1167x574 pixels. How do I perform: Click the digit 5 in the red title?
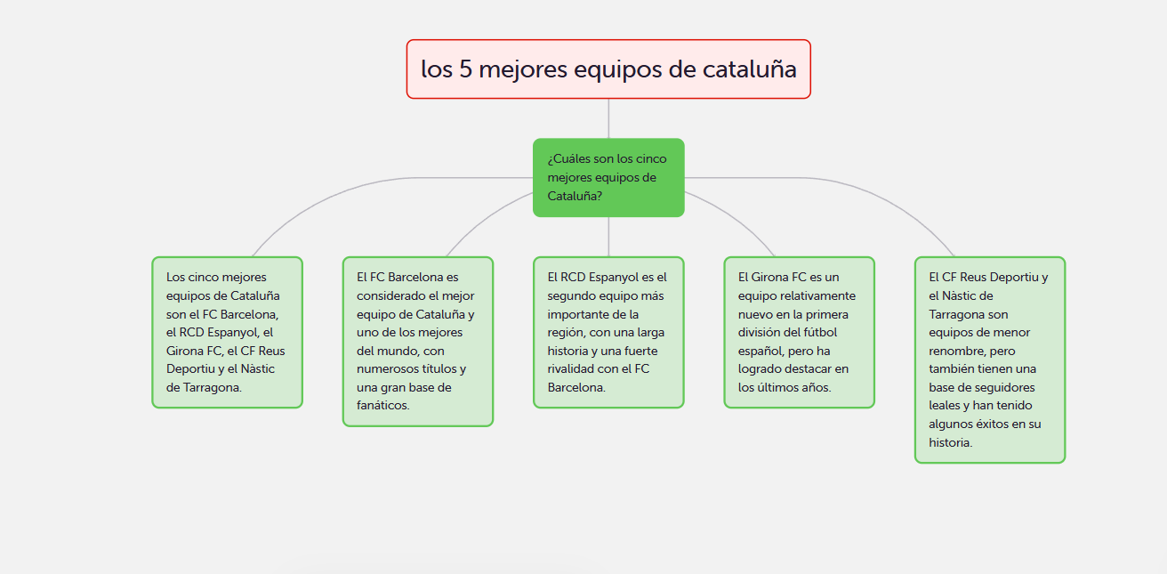(465, 69)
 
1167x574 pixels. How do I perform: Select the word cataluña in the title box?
(750, 69)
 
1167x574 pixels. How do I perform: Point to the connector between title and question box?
(608, 118)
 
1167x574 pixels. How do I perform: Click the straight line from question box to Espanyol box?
(608, 237)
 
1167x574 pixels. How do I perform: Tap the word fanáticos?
(382, 406)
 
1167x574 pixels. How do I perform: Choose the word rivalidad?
(570, 369)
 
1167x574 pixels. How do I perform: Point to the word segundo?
(569, 296)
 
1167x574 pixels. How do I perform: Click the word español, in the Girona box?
(758, 352)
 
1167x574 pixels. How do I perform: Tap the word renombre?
(953, 351)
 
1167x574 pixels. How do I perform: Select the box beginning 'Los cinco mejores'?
(227, 332)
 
